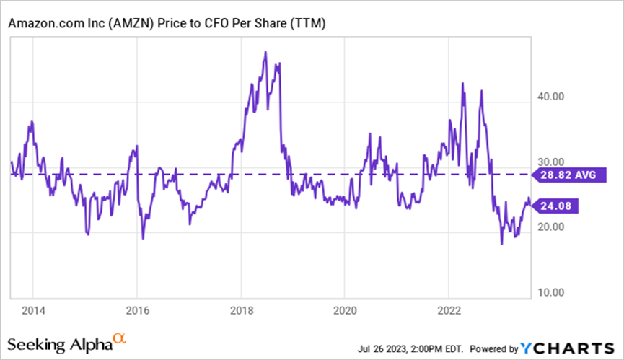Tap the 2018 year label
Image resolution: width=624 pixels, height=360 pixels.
coord(240,311)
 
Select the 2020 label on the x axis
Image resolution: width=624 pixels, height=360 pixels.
coord(344,311)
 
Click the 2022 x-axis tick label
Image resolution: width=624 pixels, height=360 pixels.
coord(448,311)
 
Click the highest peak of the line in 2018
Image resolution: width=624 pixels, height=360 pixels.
coord(266,52)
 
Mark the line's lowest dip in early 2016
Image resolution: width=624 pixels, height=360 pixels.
coord(143,238)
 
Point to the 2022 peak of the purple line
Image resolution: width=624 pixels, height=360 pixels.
coord(462,84)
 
